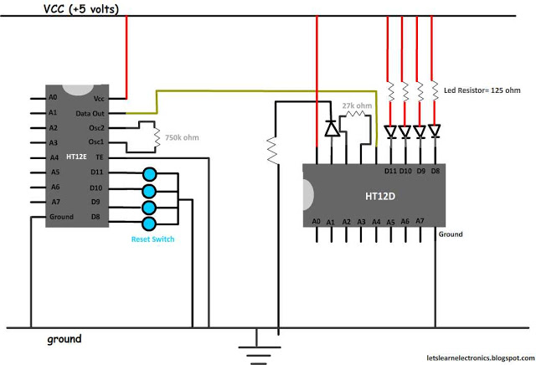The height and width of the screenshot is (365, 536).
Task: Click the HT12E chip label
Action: click(x=76, y=157)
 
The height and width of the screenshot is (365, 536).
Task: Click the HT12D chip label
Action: click(x=380, y=197)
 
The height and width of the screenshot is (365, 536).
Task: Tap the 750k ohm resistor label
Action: click(x=182, y=138)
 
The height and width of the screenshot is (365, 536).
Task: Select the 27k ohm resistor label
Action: click(x=357, y=105)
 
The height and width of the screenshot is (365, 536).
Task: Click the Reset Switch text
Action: click(x=152, y=239)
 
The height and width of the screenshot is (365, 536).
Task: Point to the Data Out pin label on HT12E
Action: click(x=90, y=114)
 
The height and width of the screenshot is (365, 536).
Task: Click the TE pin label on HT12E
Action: click(x=99, y=157)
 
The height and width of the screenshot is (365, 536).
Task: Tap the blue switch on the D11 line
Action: click(x=149, y=174)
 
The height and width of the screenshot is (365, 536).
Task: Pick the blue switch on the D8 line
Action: click(x=149, y=224)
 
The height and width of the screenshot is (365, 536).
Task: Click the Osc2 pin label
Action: click(x=96, y=128)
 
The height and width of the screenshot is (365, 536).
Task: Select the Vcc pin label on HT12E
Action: click(x=99, y=99)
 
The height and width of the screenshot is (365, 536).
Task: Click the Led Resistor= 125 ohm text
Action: click(x=482, y=90)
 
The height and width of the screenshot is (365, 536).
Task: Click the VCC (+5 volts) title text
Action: click(x=81, y=9)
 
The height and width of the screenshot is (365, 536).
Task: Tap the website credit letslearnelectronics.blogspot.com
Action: click(x=480, y=357)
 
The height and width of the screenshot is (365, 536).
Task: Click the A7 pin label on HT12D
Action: click(x=420, y=221)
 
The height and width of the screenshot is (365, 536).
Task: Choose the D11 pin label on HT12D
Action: click(x=390, y=171)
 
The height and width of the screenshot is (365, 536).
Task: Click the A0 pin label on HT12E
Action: click(x=53, y=97)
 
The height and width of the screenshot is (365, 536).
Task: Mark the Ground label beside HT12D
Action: click(x=451, y=234)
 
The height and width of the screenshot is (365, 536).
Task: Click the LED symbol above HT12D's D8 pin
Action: click(x=435, y=131)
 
